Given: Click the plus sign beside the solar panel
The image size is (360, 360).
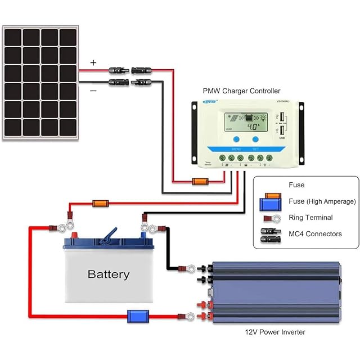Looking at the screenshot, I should (93, 63).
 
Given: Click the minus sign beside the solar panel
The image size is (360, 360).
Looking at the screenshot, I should (93, 89).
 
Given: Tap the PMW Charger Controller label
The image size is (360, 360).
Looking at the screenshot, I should (241, 91).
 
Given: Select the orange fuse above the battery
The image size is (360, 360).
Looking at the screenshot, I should (100, 202).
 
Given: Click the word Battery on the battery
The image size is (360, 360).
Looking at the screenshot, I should (109, 274).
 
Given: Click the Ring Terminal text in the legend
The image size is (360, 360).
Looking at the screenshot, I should (310, 218).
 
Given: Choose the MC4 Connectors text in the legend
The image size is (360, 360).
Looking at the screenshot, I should (315, 234).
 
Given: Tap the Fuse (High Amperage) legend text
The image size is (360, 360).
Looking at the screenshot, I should (322, 201).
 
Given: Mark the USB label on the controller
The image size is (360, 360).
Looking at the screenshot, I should (282, 137).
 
